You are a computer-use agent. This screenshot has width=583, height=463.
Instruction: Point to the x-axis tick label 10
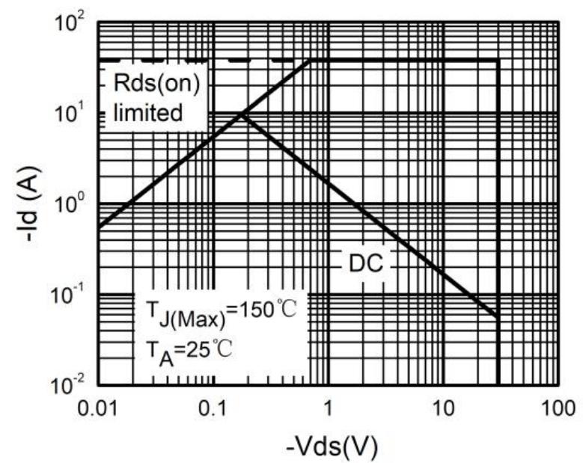pos(442,411)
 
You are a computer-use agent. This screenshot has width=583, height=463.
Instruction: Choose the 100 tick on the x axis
pos(556,411)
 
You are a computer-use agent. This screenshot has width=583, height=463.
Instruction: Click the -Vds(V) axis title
pos(328,447)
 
